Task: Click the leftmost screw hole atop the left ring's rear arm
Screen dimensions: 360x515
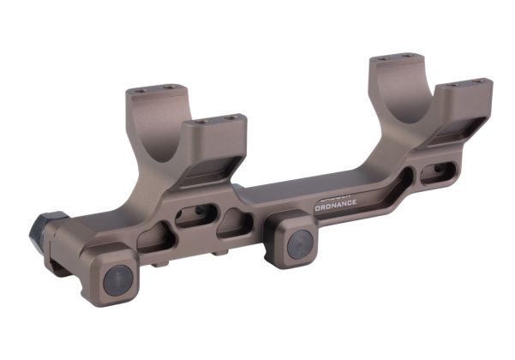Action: click(x=134, y=90)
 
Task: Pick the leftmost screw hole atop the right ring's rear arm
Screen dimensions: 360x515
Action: click(x=380, y=57)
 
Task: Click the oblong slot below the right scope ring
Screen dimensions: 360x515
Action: click(x=435, y=171)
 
